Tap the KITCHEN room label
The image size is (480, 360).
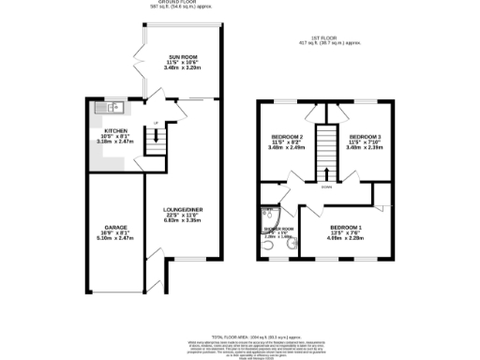(116, 130)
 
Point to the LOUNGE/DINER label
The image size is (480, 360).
(184, 209)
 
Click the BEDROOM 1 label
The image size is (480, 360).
(345, 228)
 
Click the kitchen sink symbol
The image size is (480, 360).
(105, 107)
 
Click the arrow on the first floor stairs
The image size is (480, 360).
(325, 172)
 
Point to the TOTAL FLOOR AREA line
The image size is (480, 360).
(240, 335)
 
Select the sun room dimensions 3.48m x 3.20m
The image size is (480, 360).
(184, 67)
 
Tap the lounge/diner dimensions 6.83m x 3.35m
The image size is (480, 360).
(184, 220)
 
